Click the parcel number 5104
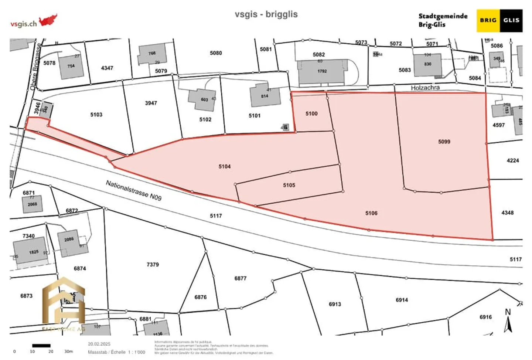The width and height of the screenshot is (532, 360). (x=224, y=167)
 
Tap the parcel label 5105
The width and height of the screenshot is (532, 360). (x=289, y=185)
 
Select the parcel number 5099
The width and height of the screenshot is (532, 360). (x=444, y=142)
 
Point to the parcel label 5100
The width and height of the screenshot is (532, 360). (x=311, y=113)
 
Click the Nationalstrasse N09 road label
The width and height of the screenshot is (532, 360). (x=134, y=190)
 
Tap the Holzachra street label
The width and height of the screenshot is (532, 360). (x=425, y=88)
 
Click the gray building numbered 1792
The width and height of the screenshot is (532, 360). (x=322, y=71)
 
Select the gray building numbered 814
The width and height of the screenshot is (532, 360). (x=265, y=96)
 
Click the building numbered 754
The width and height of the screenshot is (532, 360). (x=71, y=67)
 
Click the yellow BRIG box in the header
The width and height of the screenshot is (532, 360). (x=488, y=20)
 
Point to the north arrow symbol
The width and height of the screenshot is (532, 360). (x=508, y=321)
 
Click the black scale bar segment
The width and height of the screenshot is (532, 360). (x=41, y=346)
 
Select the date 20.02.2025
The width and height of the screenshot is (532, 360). (x=99, y=344)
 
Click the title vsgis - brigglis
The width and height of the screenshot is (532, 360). (x=266, y=14)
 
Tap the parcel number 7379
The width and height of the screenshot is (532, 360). (x=153, y=265)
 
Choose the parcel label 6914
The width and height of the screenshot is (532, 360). (x=402, y=300)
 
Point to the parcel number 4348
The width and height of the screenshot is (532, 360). (x=507, y=213)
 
